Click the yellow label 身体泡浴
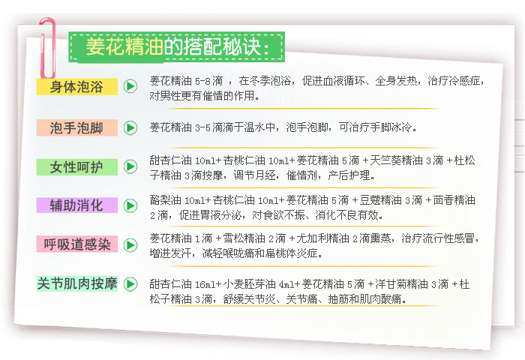coord(77,87)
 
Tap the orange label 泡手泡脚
coord(77,127)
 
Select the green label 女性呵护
coord(77,166)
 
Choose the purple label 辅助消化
coord(77,205)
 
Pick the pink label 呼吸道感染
coord(77,244)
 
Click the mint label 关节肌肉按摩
coord(77,283)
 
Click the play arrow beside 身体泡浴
coord(130,86)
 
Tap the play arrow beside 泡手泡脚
coord(130,127)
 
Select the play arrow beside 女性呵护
coord(130,166)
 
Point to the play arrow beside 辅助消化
coord(130,205)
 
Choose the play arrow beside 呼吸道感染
coord(130,244)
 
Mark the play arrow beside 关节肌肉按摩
coord(130,284)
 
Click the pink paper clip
coord(47,48)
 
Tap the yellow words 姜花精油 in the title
coord(124,46)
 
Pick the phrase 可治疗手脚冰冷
coord(375,127)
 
